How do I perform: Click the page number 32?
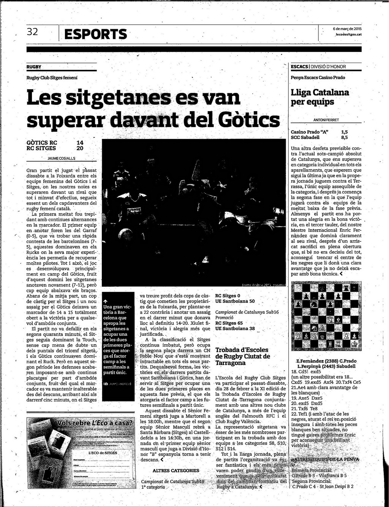32,32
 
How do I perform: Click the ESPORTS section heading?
96,34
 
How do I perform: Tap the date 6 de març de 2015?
347,29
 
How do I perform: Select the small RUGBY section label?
34,67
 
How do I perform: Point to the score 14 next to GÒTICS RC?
80,143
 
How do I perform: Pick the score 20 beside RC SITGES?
80,148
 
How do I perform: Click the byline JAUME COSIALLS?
62,158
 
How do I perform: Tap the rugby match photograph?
194,213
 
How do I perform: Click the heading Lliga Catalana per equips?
320,97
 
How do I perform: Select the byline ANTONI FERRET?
326,120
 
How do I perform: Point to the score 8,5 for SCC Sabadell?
344,137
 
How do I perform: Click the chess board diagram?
326,316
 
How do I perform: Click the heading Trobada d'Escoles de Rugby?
242,356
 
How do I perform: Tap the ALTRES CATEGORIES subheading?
176,471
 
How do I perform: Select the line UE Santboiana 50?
235,301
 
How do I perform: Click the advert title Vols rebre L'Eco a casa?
95,423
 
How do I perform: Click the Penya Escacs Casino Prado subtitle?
318,77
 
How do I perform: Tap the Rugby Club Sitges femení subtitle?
52,77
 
